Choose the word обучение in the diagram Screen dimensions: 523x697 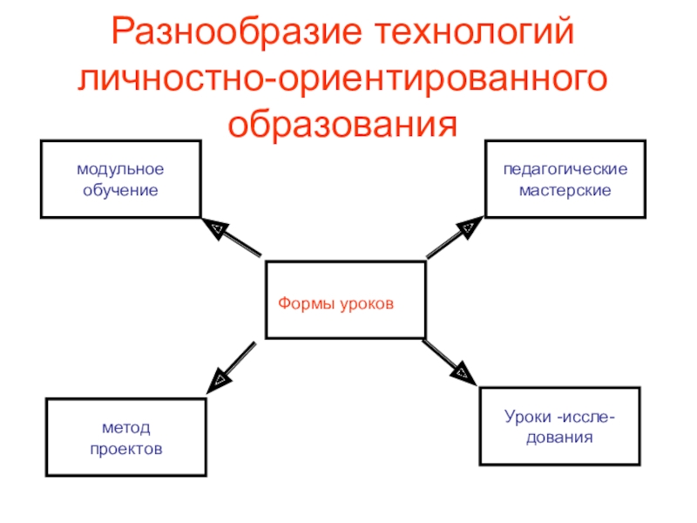(x=120, y=189)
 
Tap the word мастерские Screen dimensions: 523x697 (x=565, y=189)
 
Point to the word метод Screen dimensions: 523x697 (x=125, y=429)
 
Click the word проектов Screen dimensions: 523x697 (x=125, y=448)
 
